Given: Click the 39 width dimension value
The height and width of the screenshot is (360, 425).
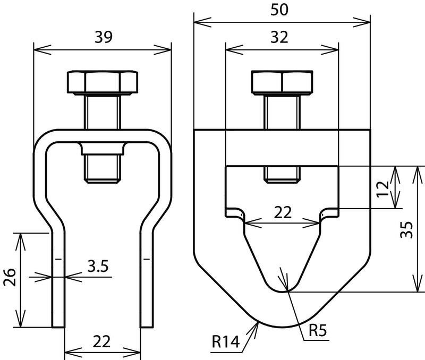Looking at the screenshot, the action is [x=103, y=37].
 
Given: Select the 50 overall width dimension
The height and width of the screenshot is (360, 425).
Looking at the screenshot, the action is [x=279, y=10].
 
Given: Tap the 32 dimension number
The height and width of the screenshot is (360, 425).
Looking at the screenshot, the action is [x=279, y=37].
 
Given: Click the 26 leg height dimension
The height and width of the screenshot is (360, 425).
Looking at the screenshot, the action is [x=10, y=277].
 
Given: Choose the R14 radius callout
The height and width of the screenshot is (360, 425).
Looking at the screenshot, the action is [x=225, y=341].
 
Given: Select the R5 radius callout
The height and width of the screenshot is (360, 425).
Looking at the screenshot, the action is [x=318, y=330].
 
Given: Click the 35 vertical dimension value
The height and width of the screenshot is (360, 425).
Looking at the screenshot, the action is [x=406, y=230].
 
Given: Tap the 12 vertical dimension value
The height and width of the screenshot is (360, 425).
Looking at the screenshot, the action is [x=383, y=189].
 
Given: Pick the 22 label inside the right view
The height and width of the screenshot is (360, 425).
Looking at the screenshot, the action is [x=283, y=212].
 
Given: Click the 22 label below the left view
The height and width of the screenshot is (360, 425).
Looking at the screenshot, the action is [x=102, y=341].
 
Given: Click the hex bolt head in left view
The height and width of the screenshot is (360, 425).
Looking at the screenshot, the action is [x=103, y=83].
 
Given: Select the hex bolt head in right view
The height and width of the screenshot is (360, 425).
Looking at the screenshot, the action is [x=282, y=82].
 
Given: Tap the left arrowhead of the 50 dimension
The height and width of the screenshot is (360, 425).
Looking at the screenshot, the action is [x=202, y=22].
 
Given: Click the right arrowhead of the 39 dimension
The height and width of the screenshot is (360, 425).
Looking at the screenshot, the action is [x=163, y=50].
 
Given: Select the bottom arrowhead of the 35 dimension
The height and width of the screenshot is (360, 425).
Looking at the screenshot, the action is [x=417, y=284].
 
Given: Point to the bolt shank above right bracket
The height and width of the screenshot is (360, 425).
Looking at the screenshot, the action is [x=282, y=112].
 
